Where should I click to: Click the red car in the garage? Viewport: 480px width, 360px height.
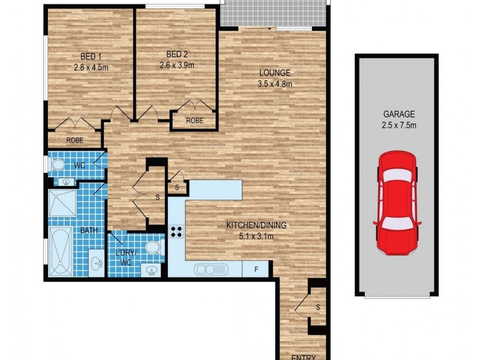pos(396,203)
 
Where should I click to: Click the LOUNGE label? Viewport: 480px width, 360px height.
pos(274,73)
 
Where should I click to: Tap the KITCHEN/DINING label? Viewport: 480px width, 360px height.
pos(256,226)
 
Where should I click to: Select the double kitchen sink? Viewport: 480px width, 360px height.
pos(211,270)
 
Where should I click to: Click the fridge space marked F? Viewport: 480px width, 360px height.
pos(256,270)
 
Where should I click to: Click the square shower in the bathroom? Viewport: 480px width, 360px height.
pos(63,204)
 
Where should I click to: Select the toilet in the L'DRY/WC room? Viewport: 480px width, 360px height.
pos(154,249)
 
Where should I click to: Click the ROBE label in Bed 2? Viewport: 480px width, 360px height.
pos(194,121)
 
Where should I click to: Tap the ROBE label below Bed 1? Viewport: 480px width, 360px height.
pos(74,141)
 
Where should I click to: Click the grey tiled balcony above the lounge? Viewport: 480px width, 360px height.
pos(273,13)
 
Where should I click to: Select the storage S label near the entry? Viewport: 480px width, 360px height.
pos(317,308)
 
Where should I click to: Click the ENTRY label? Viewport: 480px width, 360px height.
pos(303,357)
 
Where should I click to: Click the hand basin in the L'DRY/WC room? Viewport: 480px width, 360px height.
pos(152,271)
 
